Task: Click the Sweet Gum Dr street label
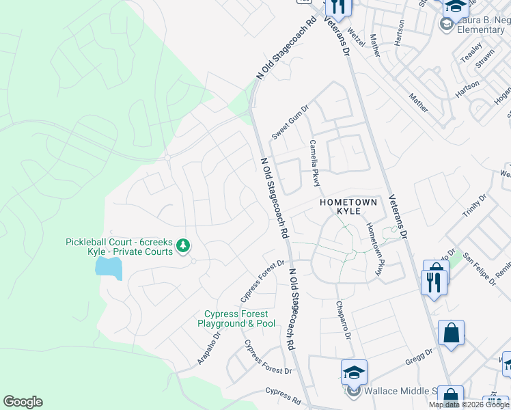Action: [x=290, y=122]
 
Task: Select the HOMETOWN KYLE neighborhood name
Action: [x=348, y=207]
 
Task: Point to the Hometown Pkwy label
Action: [x=374, y=250]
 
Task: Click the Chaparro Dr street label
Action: [x=343, y=321]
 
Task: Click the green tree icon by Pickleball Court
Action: [x=183, y=245]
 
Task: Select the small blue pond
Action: [x=109, y=268]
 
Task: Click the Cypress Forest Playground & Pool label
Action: [x=237, y=318]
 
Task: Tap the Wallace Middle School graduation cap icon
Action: [x=354, y=372]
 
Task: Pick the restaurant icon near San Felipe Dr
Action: [x=434, y=281]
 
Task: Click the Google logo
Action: [x=23, y=402]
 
